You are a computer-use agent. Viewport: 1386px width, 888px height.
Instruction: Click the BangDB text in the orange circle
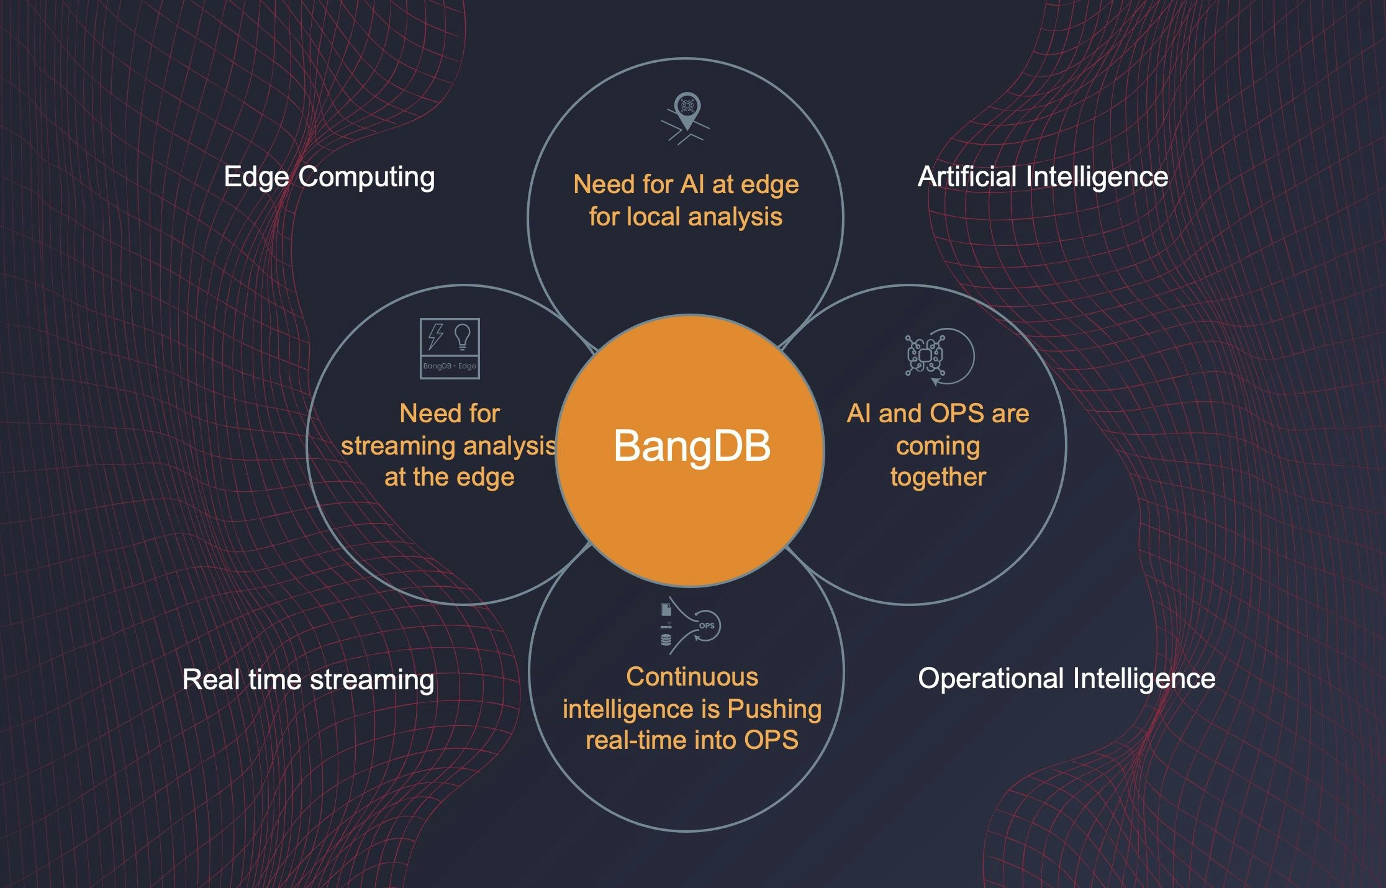point(692,446)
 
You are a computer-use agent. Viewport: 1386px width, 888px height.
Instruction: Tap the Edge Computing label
point(329,177)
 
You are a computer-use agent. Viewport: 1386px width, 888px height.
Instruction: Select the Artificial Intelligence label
point(1043,177)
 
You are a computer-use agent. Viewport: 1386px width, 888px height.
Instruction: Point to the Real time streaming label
point(308,679)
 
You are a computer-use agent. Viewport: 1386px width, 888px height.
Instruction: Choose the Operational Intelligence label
point(1066,679)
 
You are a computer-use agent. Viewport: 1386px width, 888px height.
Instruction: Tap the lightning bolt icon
point(436,336)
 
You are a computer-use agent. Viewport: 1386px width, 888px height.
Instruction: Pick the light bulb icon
point(462,337)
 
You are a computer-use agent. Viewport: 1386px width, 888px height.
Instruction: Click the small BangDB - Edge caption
point(450,366)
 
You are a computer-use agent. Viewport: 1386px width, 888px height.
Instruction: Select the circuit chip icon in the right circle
point(925,355)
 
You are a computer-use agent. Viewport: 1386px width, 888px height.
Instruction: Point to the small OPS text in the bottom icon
point(707,626)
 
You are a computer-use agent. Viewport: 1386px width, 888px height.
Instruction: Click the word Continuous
point(692,677)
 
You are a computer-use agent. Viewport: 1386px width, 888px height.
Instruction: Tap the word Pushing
point(774,709)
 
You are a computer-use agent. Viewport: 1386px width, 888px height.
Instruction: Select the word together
point(938,477)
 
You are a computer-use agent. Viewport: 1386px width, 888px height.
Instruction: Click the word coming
point(938,446)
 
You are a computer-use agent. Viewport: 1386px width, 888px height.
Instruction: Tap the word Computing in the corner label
point(366,177)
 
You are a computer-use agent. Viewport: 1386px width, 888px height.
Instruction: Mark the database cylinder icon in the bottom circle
point(666,640)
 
